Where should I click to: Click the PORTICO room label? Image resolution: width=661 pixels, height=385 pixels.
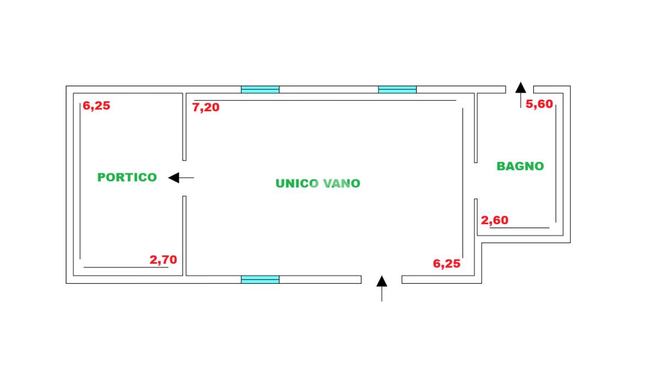coord(127,177)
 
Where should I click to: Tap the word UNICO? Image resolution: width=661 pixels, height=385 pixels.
coord(297,184)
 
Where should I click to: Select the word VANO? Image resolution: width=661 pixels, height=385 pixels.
coord(342,184)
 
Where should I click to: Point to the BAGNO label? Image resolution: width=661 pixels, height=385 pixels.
coord(520,166)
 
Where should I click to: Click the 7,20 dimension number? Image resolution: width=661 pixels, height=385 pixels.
coord(205,107)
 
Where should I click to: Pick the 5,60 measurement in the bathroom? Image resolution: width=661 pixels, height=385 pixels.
coord(539,104)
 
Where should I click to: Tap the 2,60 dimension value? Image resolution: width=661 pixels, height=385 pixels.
coord(495,221)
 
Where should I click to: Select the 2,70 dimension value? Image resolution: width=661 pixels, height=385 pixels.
coord(163,260)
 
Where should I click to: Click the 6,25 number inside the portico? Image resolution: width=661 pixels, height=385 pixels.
coord(96,106)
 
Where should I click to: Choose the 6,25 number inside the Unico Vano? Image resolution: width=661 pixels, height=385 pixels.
coord(447,263)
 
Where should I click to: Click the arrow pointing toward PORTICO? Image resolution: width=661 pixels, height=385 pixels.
coord(181,178)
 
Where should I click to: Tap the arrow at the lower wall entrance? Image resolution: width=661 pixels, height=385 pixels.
coord(382,288)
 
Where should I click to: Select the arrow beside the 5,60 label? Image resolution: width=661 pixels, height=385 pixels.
coord(521,95)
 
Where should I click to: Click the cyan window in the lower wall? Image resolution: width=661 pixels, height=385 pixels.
coord(260,279)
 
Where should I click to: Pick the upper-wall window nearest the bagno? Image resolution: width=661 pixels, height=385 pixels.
coord(397,90)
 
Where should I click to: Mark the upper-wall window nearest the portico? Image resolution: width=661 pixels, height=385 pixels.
coord(260,90)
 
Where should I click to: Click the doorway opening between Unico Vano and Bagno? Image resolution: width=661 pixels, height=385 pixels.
coord(476,180)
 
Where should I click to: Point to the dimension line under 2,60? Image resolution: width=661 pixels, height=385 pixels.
coord(519,228)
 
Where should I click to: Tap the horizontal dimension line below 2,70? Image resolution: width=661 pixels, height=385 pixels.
coord(126,267)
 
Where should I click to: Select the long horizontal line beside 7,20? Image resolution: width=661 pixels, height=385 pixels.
coord(324,101)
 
